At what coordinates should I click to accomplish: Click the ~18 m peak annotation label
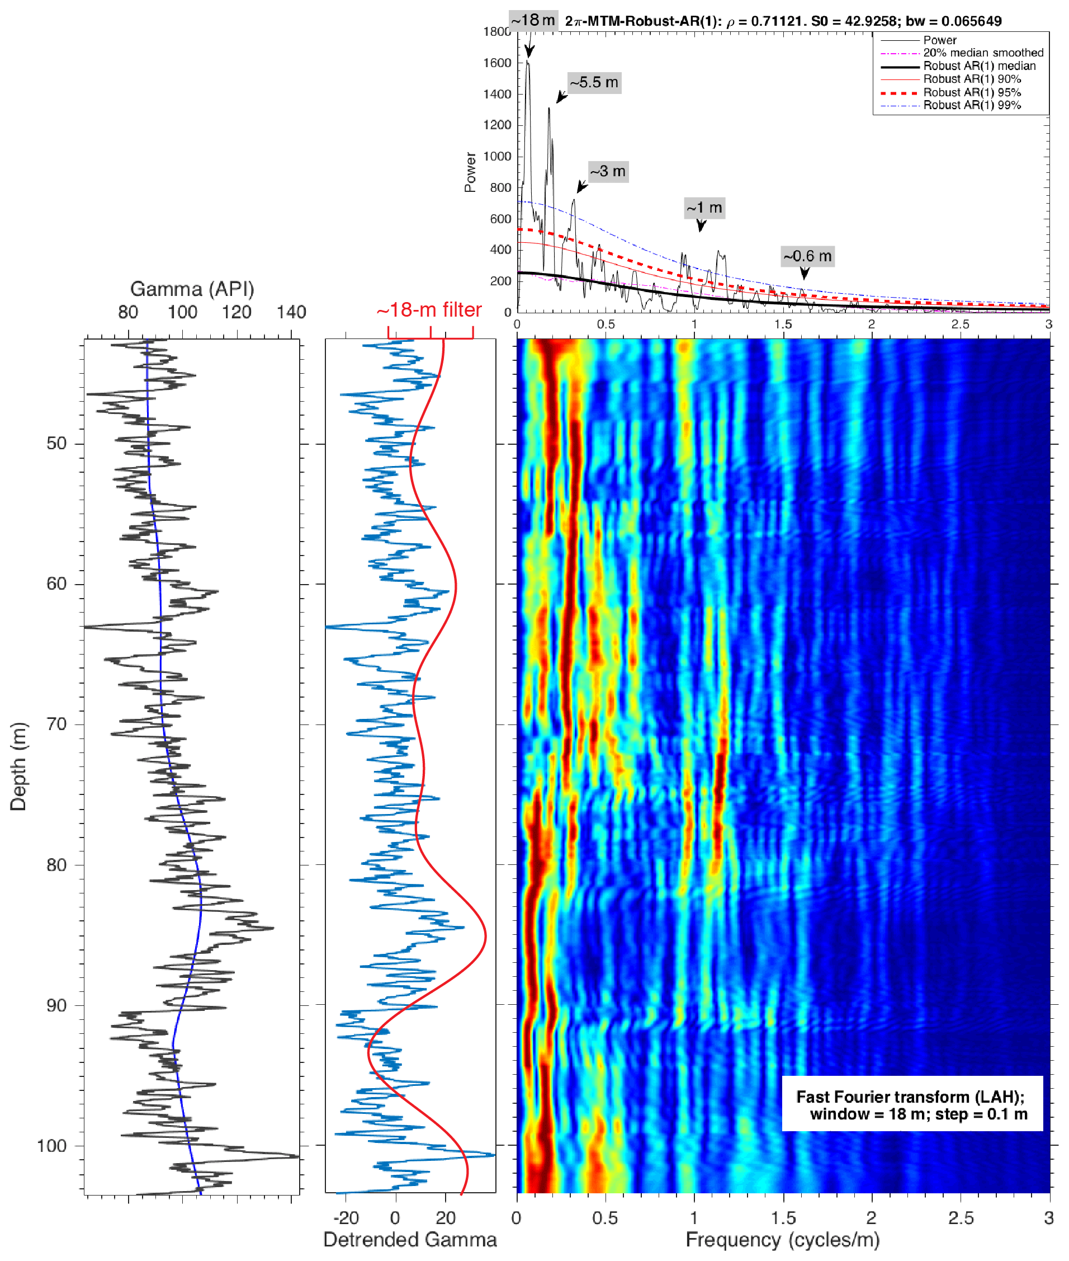tap(533, 20)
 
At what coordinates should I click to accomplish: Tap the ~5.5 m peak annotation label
tap(594, 82)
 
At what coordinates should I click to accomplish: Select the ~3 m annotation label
tap(608, 172)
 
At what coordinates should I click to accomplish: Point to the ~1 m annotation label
tap(704, 208)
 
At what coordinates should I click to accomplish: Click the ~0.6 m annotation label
tap(807, 256)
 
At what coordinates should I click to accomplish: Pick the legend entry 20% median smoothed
tap(982, 53)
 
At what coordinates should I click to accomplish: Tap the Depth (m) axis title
tap(18, 766)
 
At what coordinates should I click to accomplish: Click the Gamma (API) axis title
tap(192, 289)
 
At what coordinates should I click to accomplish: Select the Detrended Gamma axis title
tap(410, 1240)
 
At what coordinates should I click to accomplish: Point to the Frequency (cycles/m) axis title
tap(782, 1240)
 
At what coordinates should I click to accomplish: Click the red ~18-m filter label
tap(429, 310)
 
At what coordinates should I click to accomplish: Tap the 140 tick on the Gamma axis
tap(291, 312)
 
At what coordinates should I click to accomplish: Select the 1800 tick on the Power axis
tap(497, 31)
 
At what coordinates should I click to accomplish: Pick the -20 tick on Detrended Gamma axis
tap(346, 1217)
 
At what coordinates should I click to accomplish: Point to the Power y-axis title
tap(470, 172)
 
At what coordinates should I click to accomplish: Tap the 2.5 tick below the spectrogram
tap(961, 1217)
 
